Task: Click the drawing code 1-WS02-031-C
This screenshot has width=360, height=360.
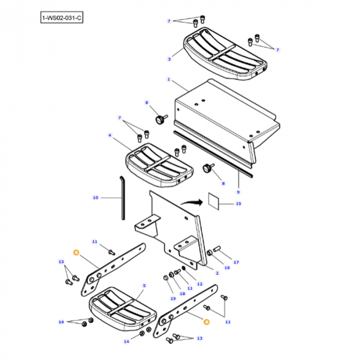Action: click(x=61, y=18)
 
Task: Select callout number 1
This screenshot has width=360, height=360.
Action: click(x=168, y=80)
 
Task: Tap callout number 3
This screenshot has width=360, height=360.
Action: click(x=169, y=58)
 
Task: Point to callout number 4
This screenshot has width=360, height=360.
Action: click(x=110, y=135)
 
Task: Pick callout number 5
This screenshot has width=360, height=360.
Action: click(x=144, y=285)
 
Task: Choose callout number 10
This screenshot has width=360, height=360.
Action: click(x=95, y=198)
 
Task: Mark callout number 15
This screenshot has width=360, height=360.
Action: click(x=238, y=204)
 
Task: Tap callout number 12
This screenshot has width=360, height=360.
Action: click(x=199, y=283)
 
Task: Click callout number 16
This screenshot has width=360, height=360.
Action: click(x=227, y=267)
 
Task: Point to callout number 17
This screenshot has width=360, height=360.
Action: click(x=236, y=262)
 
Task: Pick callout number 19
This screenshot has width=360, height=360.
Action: click(x=172, y=299)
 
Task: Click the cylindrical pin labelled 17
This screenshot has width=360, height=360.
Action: click(x=217, y=249)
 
